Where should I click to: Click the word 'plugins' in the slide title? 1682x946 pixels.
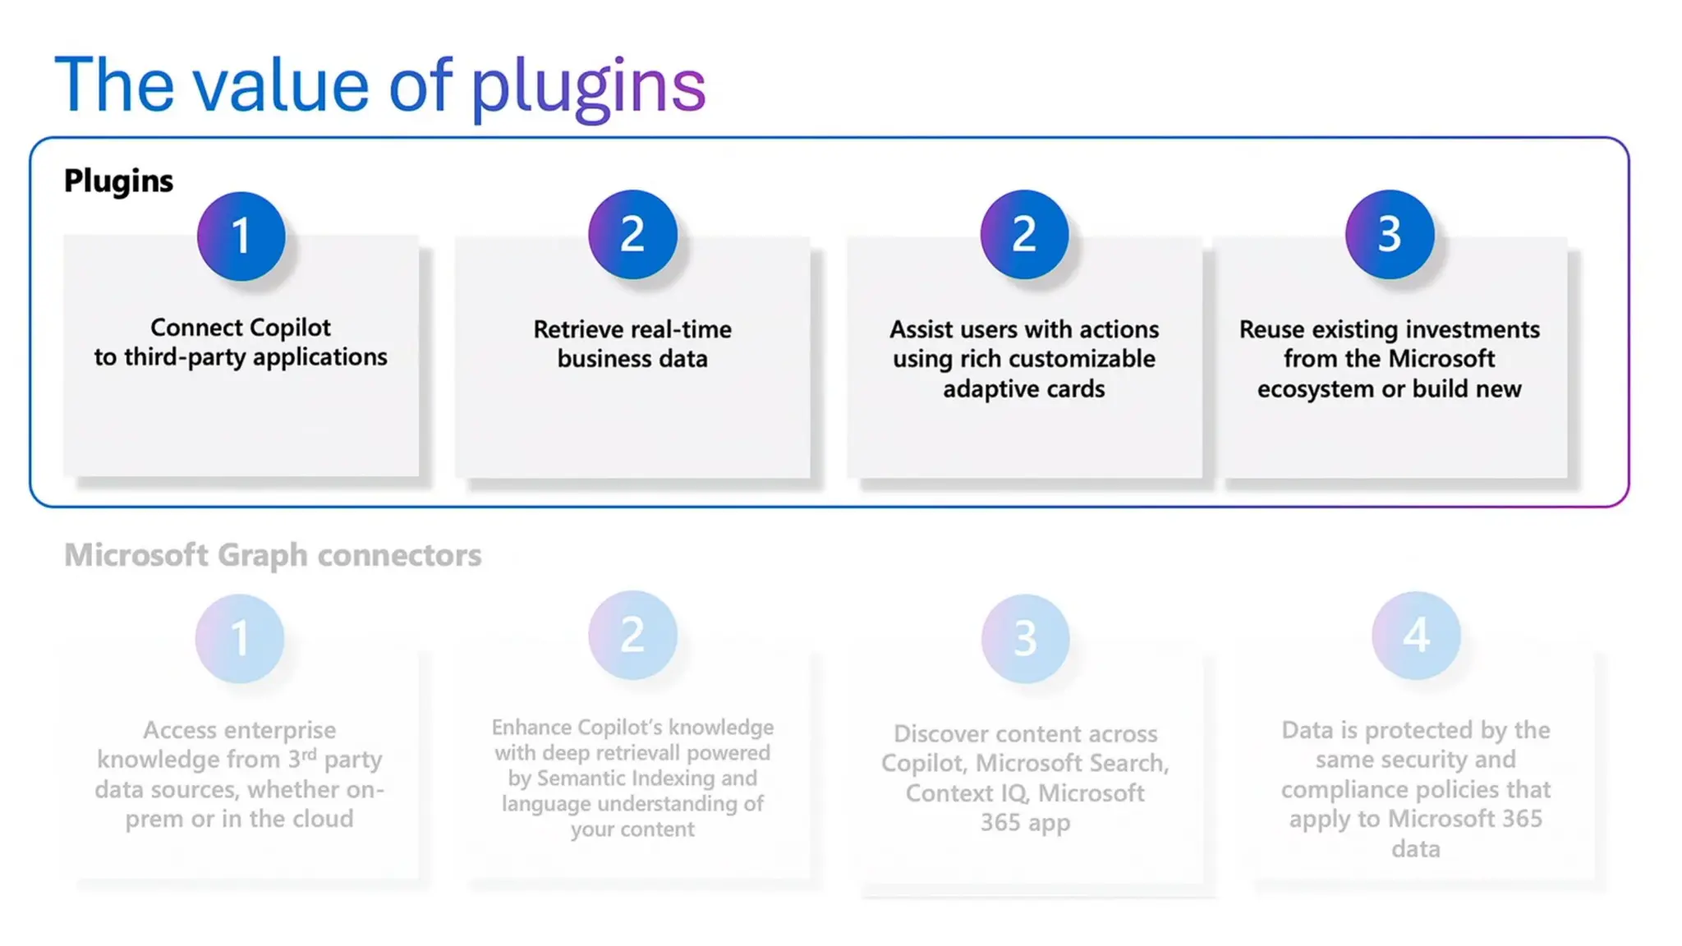(x=588, y=87)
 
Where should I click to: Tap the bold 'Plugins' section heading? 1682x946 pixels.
(x=119, y=181)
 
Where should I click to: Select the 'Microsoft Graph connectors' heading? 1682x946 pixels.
(x=273, y=555)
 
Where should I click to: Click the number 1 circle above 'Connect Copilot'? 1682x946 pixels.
(x=241, y=236)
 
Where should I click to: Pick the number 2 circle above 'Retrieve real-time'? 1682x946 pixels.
(x=632, y=235)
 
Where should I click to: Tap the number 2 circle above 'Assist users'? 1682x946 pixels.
(x=1024, y=235)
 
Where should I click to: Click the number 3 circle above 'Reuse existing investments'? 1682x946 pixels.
(x=1390, y=235)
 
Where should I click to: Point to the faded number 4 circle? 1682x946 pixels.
(x=1416, y=636)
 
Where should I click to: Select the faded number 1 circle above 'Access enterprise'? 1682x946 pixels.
(x=240, y=638)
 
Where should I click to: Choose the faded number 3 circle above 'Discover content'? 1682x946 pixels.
(x=1025, y=638)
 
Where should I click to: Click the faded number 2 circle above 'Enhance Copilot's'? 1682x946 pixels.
(x=632, y=635)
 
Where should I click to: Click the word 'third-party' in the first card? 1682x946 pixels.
(x=186, y=357)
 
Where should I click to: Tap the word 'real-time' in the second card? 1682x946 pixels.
(x=681, y=329)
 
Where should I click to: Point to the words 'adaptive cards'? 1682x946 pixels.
(x=1024, y=388)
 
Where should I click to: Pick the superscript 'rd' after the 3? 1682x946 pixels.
(x=309, y=753)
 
